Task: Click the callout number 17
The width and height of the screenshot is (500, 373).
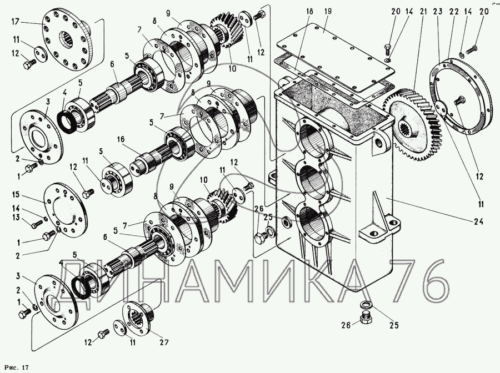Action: [x=16, y=22]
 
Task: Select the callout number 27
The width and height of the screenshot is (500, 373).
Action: [x=163, y=342]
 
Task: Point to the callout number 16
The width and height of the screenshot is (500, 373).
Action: [x=121, y=140]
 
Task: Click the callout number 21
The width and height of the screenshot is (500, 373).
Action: [x=423, y=12]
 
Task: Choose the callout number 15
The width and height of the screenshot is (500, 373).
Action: [x=16, y=195]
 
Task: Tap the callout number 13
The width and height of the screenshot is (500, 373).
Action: [x=16, y=218]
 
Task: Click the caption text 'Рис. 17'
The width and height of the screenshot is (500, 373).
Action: [x=16, y=367]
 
